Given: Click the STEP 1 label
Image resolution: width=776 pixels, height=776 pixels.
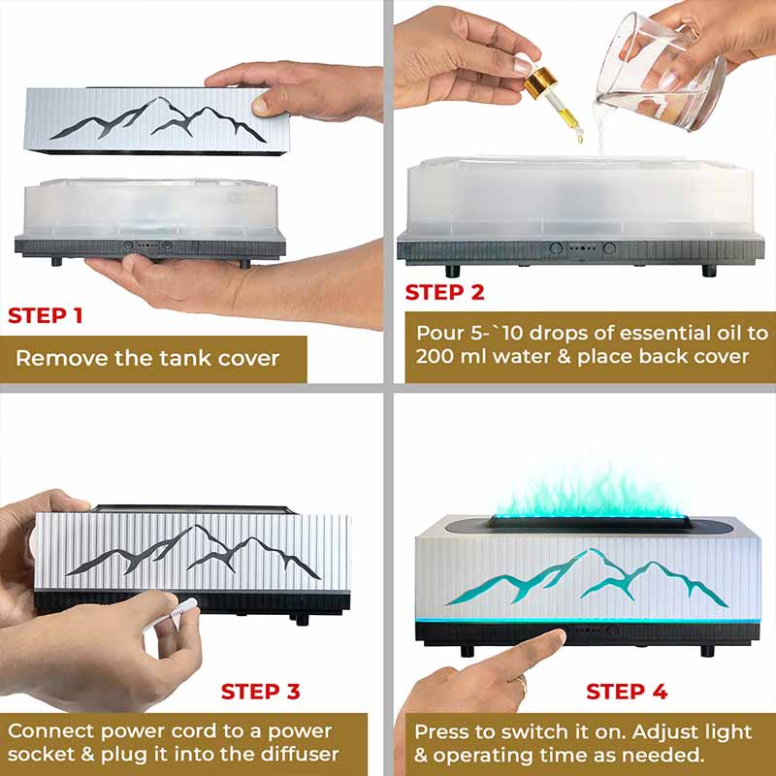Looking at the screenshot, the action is tap(45, 316).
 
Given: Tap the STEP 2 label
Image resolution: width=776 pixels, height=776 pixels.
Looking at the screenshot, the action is tap(444, 292).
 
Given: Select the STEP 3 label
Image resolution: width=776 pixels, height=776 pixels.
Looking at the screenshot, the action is tap(260, 692).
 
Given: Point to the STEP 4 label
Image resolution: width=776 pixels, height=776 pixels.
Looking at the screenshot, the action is tap(627, 692).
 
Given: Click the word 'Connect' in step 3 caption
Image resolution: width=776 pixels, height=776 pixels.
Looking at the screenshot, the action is tap(50, 731).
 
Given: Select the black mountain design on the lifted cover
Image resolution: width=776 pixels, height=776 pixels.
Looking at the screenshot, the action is tap(157, 118).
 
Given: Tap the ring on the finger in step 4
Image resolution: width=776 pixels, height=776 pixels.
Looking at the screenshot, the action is tap(522, 687).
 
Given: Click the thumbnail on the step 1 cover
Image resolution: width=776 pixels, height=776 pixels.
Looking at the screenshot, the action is tap(261, 105).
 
